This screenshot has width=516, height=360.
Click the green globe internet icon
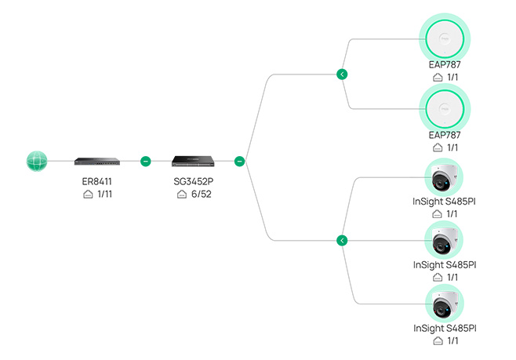[x=37, y=162]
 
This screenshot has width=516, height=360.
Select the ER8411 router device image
[x=97, y=162]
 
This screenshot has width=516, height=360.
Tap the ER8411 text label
[x=96, y=181]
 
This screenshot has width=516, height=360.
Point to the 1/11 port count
[x=104, y=195]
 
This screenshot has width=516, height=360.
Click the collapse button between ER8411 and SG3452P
[x=145, y=162]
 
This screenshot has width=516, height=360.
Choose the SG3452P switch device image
[x=193, y=162]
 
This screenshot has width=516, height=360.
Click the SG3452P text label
[x=194, y=181]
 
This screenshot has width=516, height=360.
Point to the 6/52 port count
[x=202, y=195]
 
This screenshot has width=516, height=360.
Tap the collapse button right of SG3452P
[x=240, y=162]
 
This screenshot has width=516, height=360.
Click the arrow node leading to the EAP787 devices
[x=342, y=75]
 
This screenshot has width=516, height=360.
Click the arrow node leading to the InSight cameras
[x=342, y=241]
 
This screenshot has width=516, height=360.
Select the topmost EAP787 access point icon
[x=445, y=39]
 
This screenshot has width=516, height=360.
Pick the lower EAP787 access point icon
[x=445, y=109]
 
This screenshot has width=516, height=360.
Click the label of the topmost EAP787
[x=445, y=64]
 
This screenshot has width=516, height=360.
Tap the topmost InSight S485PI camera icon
[x=444, y=178]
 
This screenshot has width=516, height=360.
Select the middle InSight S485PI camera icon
[x=444, y=241]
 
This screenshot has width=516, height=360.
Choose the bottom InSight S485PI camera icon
[x=445, y=304]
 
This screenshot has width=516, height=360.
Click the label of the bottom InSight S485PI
[x=445, y=328]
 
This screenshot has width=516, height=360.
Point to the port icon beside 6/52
[x=182, y=195]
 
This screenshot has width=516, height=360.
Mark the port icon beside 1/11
[x=88, y=195]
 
